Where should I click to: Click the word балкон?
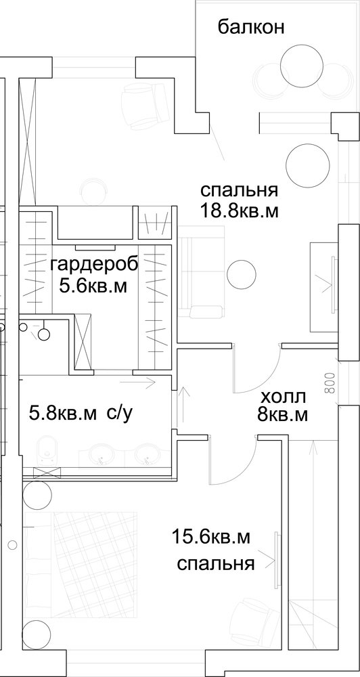tap(251, 28)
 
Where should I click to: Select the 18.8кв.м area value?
tap(238, 211)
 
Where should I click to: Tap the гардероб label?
tap(94, 265)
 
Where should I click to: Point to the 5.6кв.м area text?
tap(93, 286)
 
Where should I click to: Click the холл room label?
tap(284, 396)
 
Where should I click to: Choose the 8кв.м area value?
tap(282, 415)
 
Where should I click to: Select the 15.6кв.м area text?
tap(211, 538)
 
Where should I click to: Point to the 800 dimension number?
tap(330, 382)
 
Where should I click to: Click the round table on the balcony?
tap(301, 66)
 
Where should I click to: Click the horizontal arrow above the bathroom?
tap(137, 383)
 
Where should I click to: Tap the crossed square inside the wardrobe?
tap(83, 342)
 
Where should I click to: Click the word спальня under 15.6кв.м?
tap(215, 563)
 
